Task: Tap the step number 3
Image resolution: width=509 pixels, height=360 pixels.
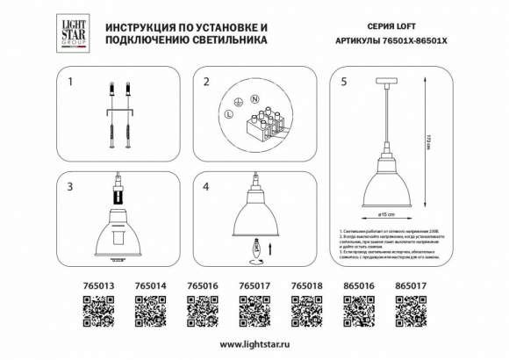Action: pos(70,187)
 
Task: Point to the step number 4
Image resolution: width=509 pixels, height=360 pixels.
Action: pos(206,187)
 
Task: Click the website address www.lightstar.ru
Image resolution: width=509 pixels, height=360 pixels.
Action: pos(254,343)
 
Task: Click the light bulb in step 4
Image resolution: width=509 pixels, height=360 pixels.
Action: pos(255,248)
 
